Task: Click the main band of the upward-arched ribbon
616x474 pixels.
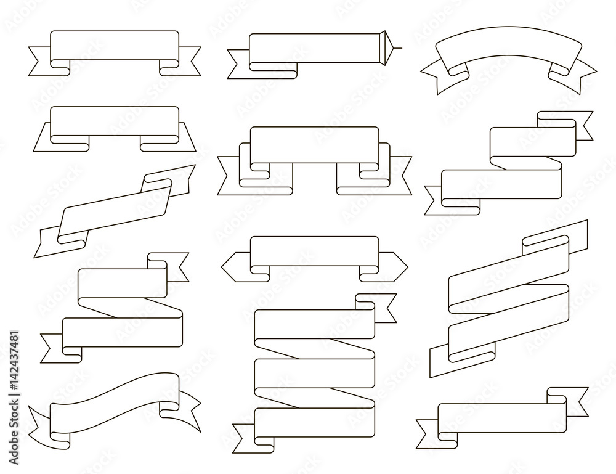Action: tap(509, 47)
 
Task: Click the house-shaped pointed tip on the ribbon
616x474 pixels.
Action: tap(384, 47)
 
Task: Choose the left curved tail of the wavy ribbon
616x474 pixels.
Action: tap(41, 419)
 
